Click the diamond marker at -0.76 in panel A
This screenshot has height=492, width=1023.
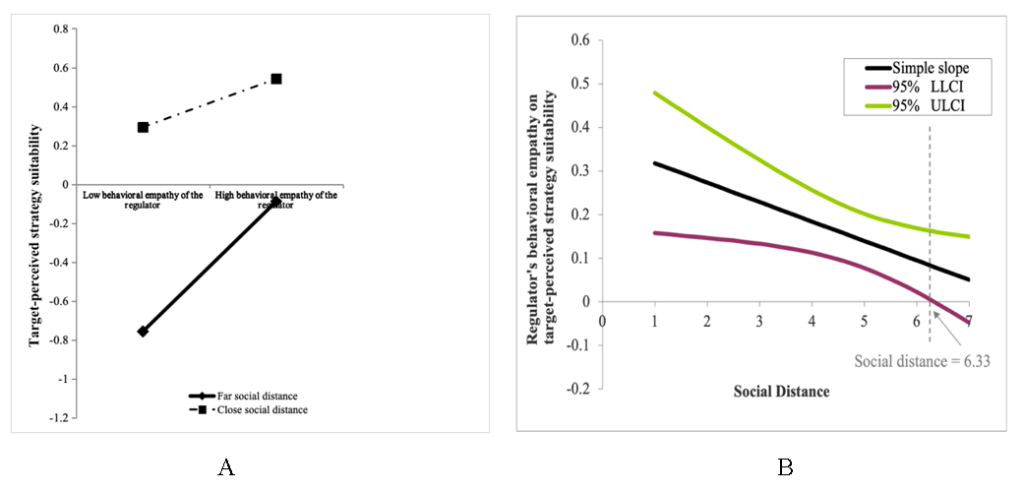[x=143, y=332]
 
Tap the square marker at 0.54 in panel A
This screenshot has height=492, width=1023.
[x=276, y=79]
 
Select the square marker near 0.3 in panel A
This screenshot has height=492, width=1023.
[x=143, y=127]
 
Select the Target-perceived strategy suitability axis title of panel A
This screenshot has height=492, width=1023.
[x=34, y=235]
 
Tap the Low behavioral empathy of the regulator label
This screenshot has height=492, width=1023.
[x=144, y=201]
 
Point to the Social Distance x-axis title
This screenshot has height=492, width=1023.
[x=781, y=392]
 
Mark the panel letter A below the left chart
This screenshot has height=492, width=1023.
[x=225, y=468]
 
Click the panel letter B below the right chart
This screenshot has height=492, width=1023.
[x=785, y=468]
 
